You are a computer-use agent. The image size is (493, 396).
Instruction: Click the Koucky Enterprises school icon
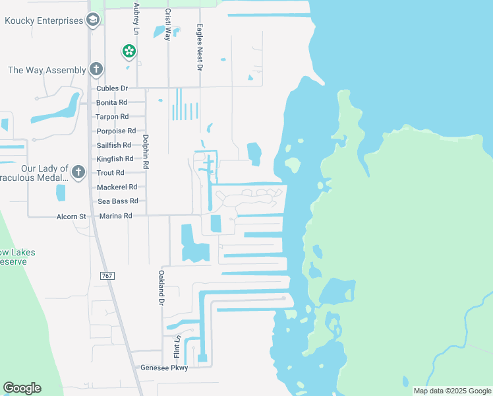(x=93, y=20)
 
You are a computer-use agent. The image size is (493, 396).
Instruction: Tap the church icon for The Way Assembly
(x=96, y=69)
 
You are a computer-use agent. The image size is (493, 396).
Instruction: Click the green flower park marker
(x=129, y=51)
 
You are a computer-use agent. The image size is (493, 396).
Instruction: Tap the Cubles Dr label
(x=111, y=88)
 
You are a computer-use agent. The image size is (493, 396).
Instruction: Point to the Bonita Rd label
(x=111, y=103)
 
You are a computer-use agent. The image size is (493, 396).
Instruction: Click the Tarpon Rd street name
(x=111, y=117)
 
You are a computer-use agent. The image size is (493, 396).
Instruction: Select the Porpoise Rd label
(x=115, y=131)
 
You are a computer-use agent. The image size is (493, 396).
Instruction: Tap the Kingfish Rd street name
(x=115, y=159)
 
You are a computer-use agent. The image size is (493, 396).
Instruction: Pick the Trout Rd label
(x=110, y=173)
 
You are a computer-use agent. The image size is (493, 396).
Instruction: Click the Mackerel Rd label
(x=117, y=187)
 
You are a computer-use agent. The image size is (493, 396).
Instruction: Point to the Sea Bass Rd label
(x=117, y=201)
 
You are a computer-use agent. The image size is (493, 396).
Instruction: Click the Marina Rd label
(x=115, y=216)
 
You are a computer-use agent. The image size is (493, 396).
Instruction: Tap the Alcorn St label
(x=72, y=216)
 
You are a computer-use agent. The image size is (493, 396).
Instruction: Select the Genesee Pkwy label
(x=165, y=368)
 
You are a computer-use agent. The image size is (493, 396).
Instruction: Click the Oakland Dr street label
(x=160, y=287)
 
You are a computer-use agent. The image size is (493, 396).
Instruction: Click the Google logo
(x=22, y=388)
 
